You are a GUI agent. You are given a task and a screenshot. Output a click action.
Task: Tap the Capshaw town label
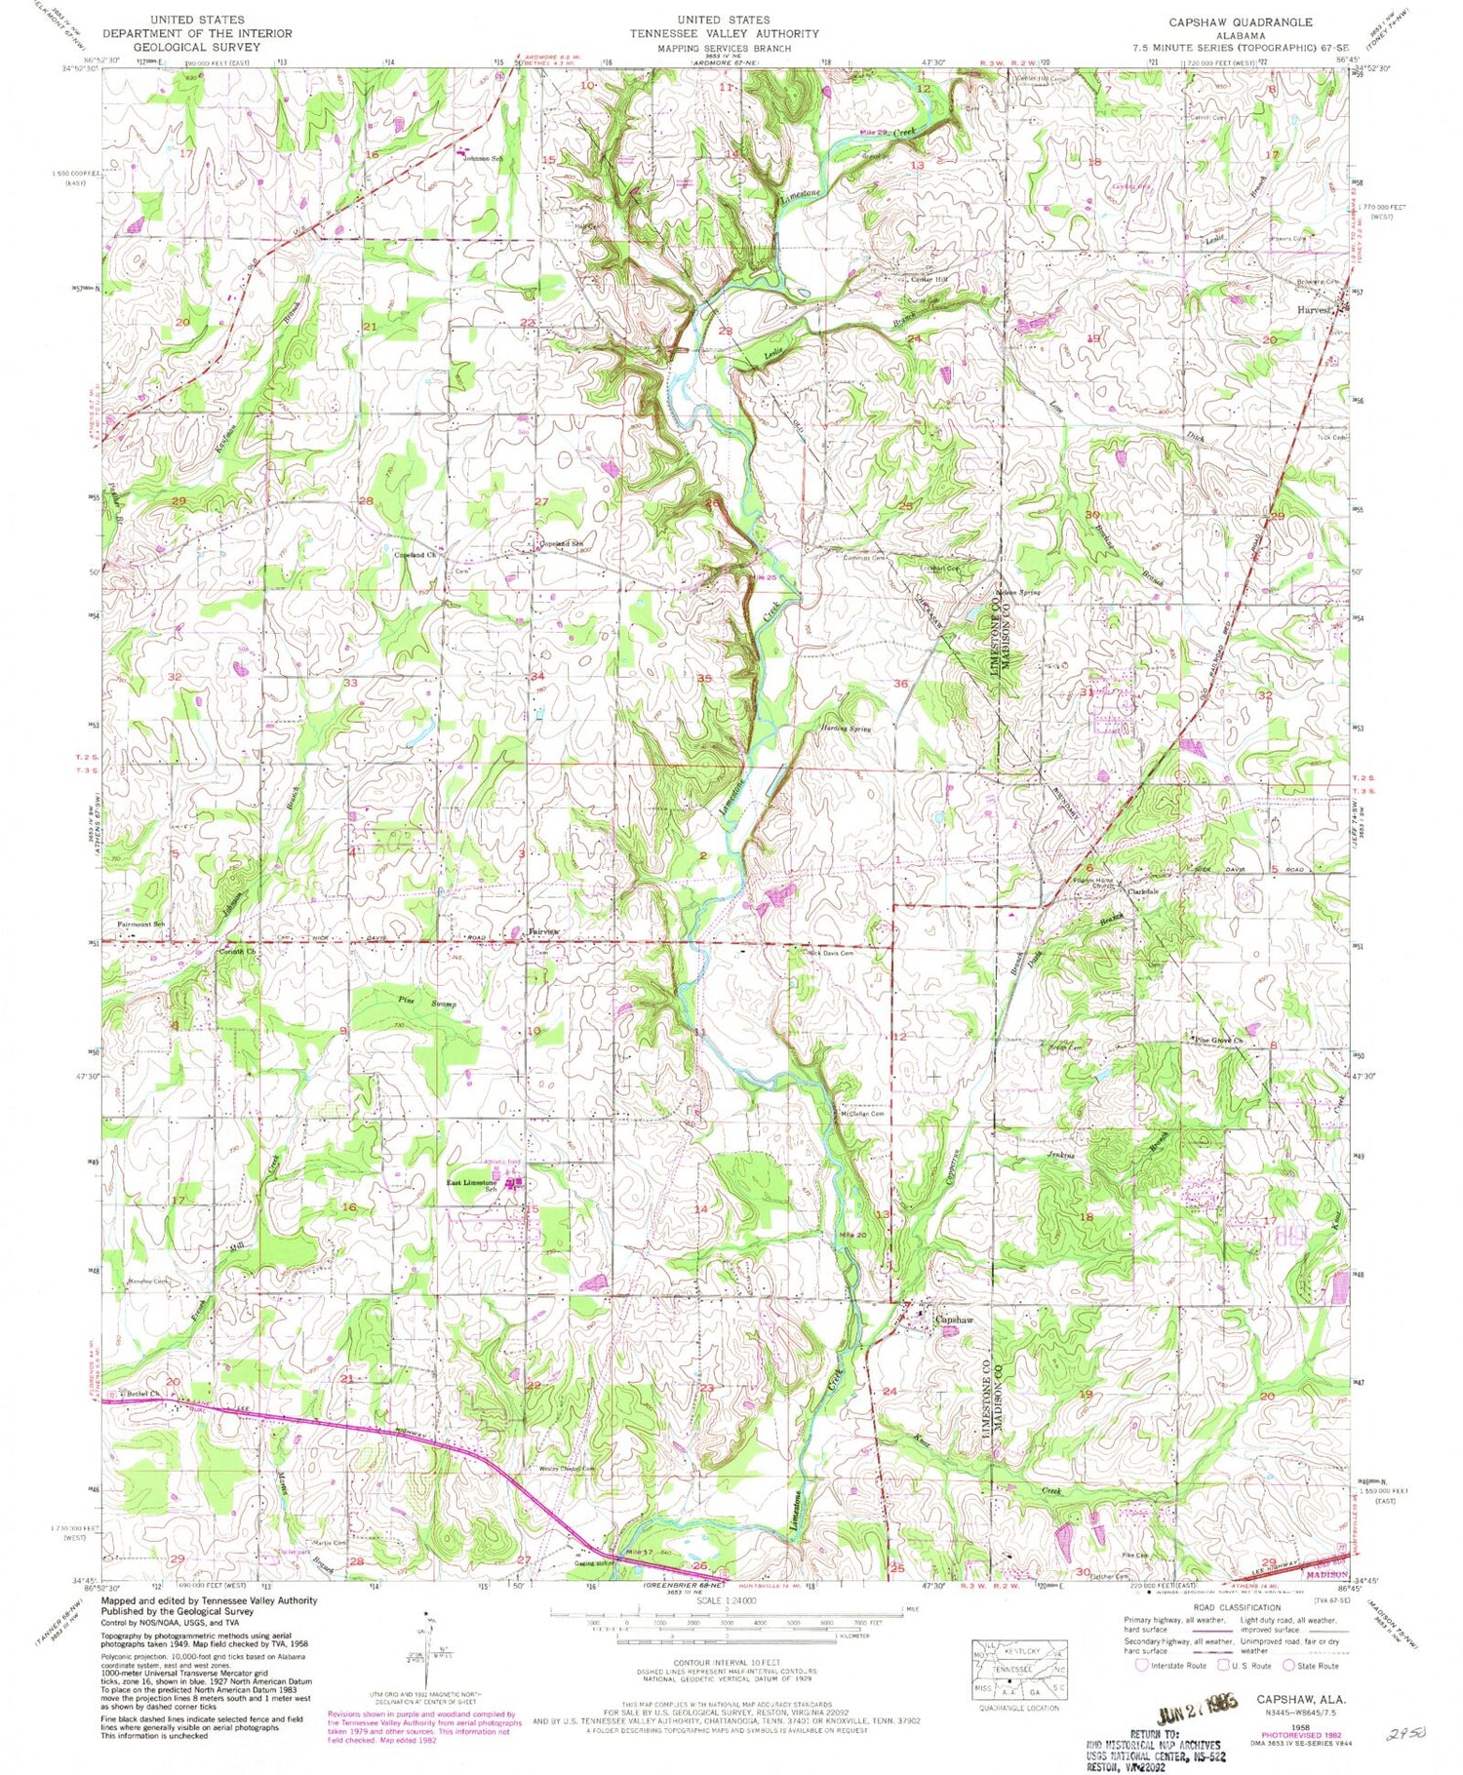point(954,1319)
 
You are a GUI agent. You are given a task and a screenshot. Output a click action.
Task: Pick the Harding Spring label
point(845,729)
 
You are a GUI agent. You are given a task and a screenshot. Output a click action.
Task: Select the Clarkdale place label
point(1143,891)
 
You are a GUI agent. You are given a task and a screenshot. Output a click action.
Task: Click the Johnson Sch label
point(484,158)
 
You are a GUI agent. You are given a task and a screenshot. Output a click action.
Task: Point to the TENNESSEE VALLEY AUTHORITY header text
point(724,33)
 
